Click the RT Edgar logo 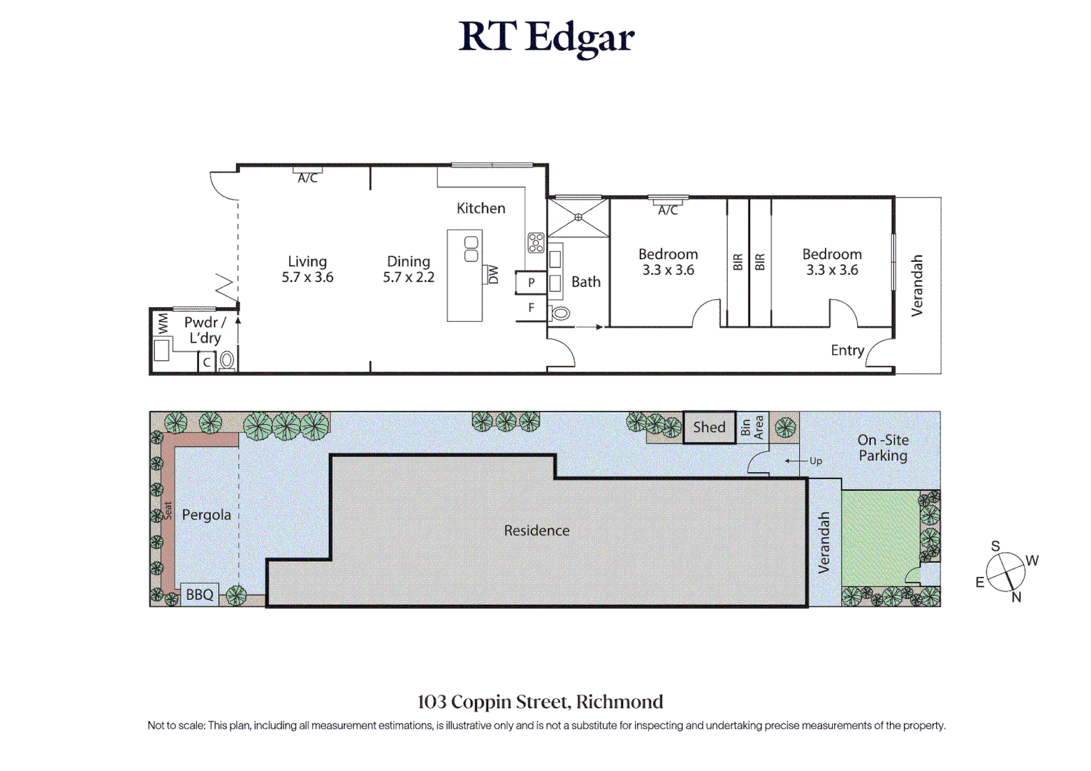(546, 38)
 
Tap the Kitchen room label (481, 208)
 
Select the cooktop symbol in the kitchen (536, 242)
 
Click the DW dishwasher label (493, 274)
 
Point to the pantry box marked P (531, 282)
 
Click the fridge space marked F (532, 308)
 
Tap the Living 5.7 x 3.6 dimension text (308, 270)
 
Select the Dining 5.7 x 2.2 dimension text (408, 270)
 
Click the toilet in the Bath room (559, 313)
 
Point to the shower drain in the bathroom (578, 217)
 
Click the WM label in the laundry (163, 323)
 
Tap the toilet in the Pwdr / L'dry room (227, 361)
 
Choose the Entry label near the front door (848, 351)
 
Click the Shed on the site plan (709, 428)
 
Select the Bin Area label (751, 428)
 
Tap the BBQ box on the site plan (200, 595)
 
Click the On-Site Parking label (883, 448)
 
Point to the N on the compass (1016, 598)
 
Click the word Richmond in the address (619, 702)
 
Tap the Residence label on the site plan (537, 530)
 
